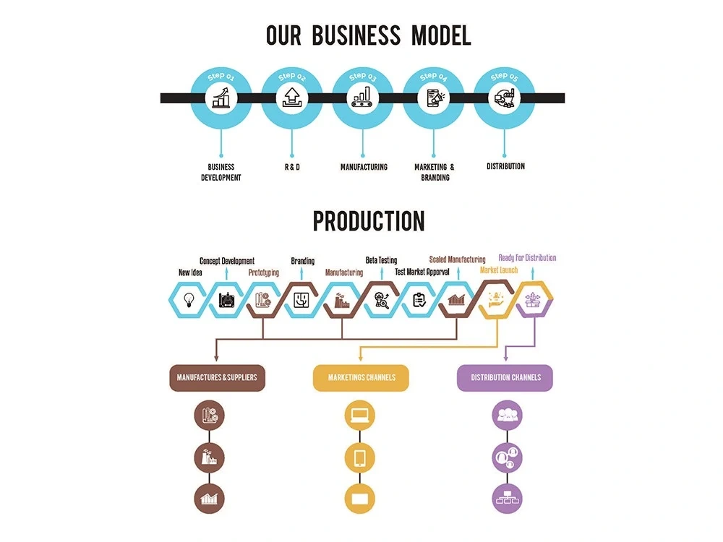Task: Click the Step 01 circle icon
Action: point(221,98)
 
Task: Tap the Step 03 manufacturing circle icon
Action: point(362,98)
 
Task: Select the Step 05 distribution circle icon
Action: point(504,98)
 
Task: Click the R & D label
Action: point(291,167)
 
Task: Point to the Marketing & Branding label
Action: point(435,172)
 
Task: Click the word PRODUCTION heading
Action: point(369,221)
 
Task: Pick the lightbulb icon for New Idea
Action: point(189,298)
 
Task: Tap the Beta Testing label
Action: point(381,260)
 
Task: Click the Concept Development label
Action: point(227,261)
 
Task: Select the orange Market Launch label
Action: point(499,270)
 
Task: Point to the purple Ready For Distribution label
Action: point(527,257)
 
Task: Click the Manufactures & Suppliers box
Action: point(217,377)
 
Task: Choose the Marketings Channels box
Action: point(360,377)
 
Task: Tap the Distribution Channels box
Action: point(505,377)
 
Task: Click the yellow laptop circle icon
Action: point(360,416)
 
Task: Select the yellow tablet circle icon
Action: point(360,457)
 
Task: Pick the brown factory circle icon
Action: point(210,457)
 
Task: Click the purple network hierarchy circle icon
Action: point(506,498)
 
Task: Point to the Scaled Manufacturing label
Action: point(457,259)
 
